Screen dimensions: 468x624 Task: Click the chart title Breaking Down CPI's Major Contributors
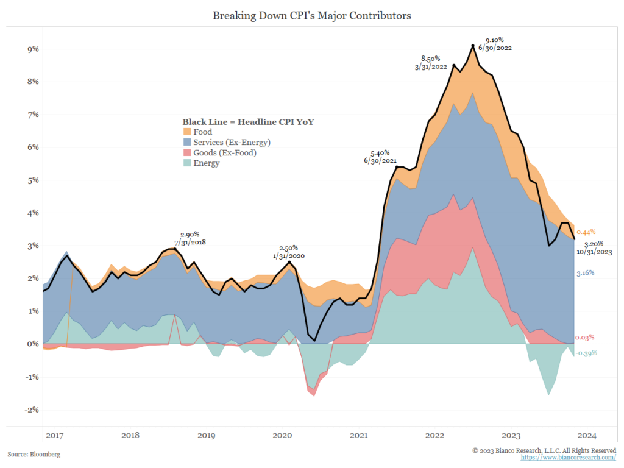click(311, 16)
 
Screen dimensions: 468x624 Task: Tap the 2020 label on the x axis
click(282, 435)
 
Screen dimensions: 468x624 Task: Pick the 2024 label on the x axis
click(586, 435)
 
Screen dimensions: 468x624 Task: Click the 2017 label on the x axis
click(54, 435)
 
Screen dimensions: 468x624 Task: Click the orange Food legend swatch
click(187, 132)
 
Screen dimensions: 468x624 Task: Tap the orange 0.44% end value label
click(585, 232)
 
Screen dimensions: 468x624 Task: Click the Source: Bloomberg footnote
click(34, 454)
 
